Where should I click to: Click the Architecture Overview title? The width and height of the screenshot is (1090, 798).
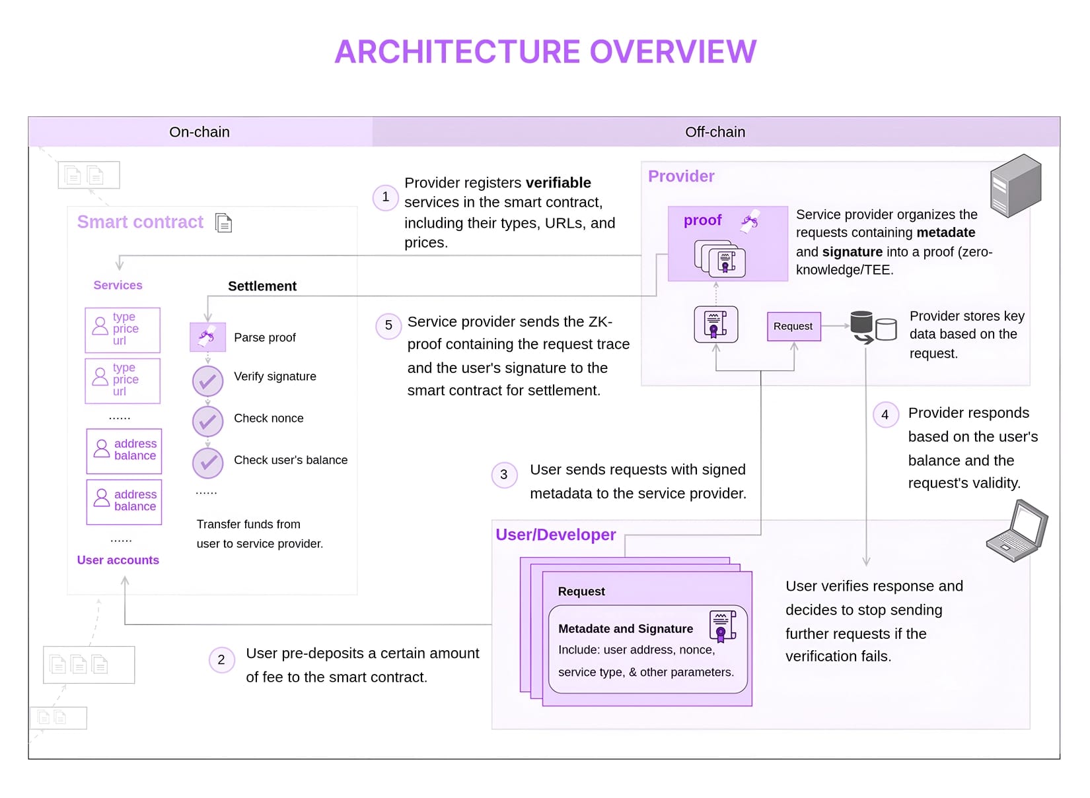point(545,52)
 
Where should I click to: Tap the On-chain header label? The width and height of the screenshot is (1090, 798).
point(199,132)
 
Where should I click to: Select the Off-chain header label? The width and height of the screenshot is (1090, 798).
point(715,132)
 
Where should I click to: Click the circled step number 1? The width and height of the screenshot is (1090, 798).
point(386,197)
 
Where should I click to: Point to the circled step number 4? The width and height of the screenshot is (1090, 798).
point(885,415)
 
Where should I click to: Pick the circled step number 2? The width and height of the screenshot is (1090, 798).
point(221,659)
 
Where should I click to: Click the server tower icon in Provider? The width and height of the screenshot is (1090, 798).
point(1015,185)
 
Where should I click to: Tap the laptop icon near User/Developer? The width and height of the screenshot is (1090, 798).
point(1018,531)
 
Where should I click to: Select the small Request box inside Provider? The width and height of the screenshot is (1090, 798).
point(793,326)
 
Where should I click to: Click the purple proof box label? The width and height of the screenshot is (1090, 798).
point(702,220)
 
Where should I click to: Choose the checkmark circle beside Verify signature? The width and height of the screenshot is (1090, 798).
point(207,381)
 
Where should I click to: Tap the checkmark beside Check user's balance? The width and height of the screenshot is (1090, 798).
point(207,463)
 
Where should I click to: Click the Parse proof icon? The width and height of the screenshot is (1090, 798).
point(207,337)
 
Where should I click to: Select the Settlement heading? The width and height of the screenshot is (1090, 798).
point(262,286)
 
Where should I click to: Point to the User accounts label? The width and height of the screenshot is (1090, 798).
point(118,560)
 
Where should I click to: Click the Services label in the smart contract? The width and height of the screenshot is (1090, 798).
point(118,285)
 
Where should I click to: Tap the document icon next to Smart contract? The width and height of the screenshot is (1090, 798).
point(224,223)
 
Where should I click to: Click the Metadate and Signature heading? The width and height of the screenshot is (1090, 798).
point(625,628)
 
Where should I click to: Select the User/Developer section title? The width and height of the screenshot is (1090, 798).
point(556,535)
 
